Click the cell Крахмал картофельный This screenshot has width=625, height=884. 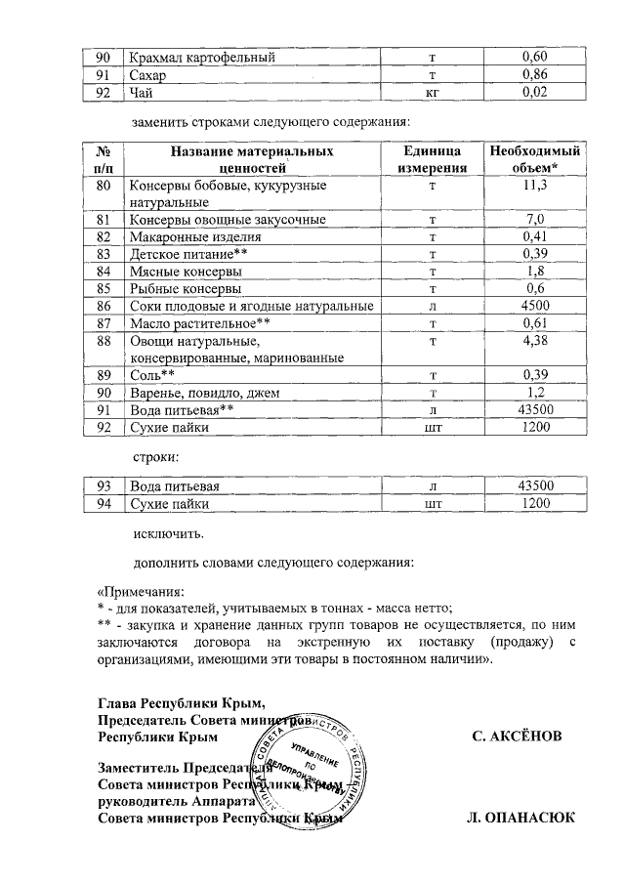[x=202, y=58]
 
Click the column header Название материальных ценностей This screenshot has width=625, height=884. [x=251, y=160]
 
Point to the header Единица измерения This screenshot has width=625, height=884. [x=432, y=160]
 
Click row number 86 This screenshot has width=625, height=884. [x=103, y=307]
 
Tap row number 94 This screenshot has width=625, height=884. [x=103, y=504]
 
